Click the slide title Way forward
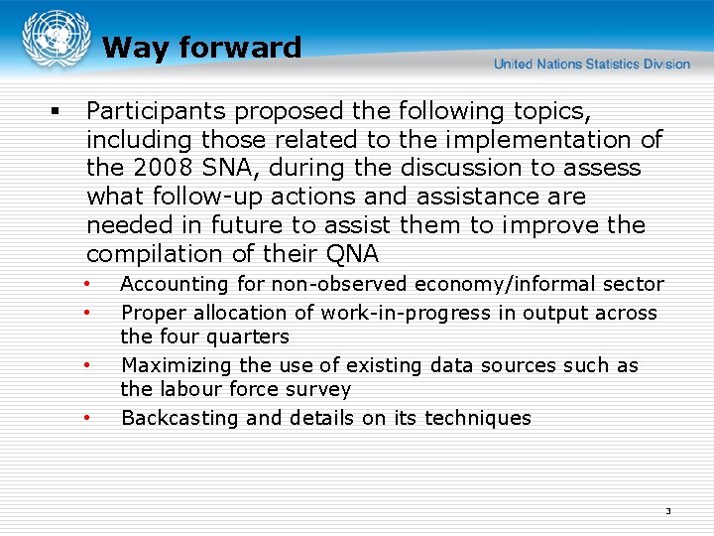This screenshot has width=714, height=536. pyautogui.click(x=201, y=48)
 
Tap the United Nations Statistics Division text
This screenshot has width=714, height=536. pyautogui.click(x=592, y=65)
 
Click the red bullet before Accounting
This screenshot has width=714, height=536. pyautogui.click(x=87, y=284)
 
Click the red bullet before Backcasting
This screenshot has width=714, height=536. pyautogui.click(x=87, y=418)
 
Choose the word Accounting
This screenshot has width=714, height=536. pyautogui.click(x=174, y=284)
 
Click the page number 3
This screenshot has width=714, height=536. pyautogui.click(x=667, y=511)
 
